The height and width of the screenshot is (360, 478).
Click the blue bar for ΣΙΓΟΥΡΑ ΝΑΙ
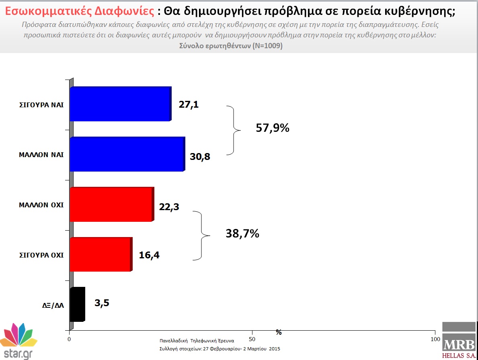[x=120, y=104]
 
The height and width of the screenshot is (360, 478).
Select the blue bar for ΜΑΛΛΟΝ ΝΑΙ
[x=127, y=154]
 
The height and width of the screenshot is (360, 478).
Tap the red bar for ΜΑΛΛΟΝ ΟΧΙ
[x=111, y=205]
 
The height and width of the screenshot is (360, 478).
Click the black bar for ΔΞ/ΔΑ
[x=77, y=304]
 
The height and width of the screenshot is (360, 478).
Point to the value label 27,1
[x=189, y=105]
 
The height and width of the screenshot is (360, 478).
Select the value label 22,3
[x=168, y=207]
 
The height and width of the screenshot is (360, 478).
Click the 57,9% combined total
[x=273, y=129]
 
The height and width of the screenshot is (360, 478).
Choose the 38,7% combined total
[x=242, y=233]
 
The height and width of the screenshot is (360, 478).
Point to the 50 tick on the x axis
[x=252, y=339]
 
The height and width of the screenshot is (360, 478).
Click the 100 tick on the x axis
[x=435, y=339]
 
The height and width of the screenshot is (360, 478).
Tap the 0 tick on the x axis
[x=70, y=339]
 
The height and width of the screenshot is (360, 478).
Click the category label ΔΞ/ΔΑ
[x=53, y=305]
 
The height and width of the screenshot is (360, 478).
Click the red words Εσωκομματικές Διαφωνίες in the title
[x=76, y=11]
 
